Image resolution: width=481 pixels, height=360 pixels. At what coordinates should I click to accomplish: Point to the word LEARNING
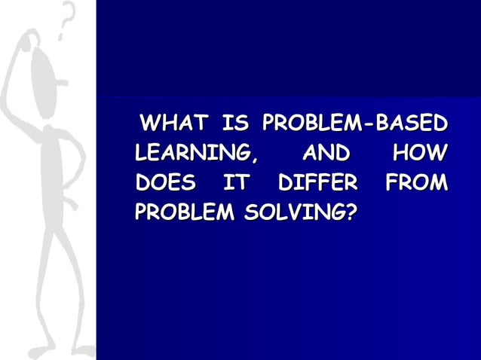tap(191, 154)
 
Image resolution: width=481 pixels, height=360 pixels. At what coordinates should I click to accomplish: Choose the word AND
tap(325, 154)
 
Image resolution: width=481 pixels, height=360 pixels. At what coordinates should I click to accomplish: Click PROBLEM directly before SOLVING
tap(179, 214)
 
